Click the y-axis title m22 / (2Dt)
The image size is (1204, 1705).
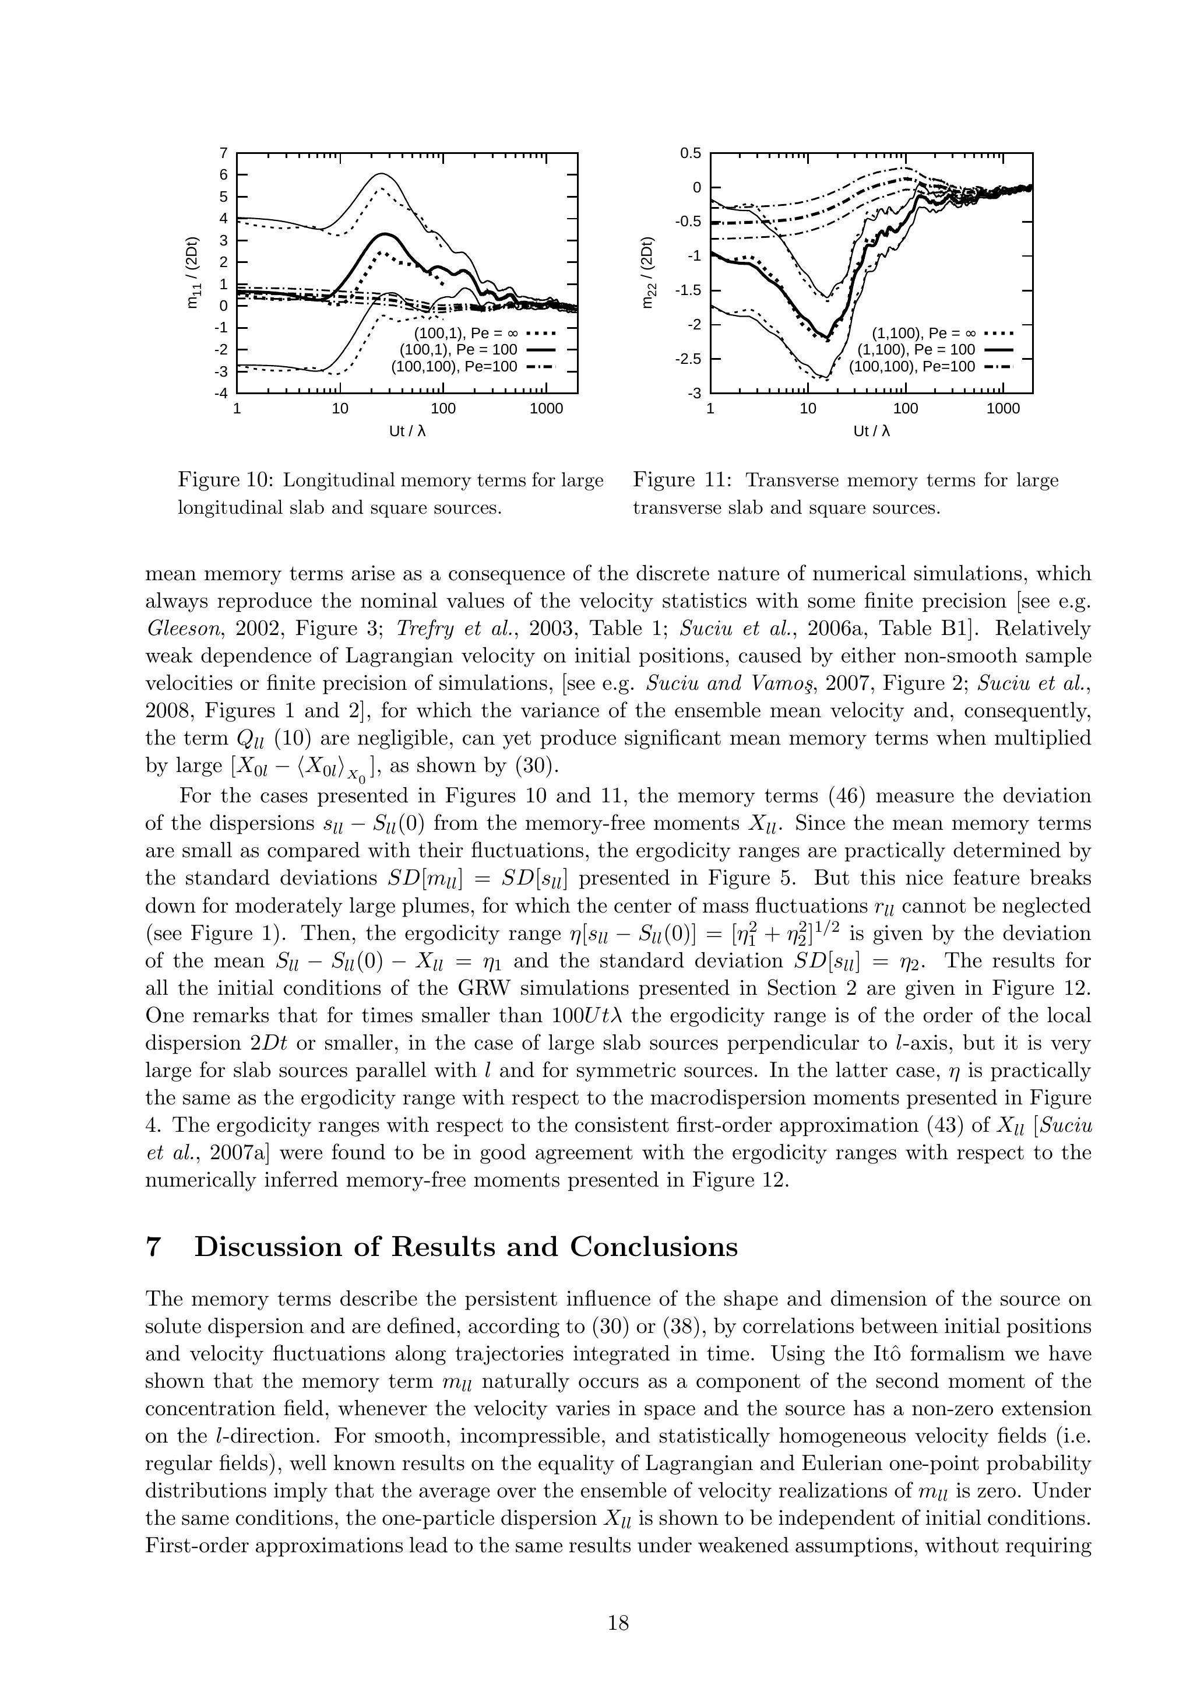click(x=649, y=272)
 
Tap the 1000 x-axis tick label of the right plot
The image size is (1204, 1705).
click(x=1003, y=408)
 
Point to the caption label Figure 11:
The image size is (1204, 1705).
click(x=682, y=480)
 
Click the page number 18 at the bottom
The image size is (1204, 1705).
click(x=618, y=1623)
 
